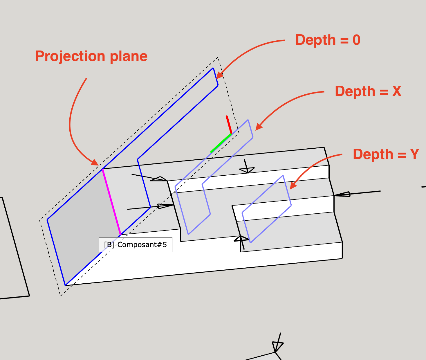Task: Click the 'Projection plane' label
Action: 91,56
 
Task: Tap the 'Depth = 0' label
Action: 328,40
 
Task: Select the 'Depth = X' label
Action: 368,91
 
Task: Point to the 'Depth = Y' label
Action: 386,154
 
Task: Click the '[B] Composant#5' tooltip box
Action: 136,245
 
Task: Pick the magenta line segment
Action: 111,202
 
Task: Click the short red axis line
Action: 229,125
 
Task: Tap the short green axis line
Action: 221,143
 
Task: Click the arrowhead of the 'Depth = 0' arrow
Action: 219,75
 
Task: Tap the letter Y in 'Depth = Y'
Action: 414,154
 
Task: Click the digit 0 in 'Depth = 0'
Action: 356,40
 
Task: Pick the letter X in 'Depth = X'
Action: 397,91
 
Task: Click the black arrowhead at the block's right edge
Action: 342,194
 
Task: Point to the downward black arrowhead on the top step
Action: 247,170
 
